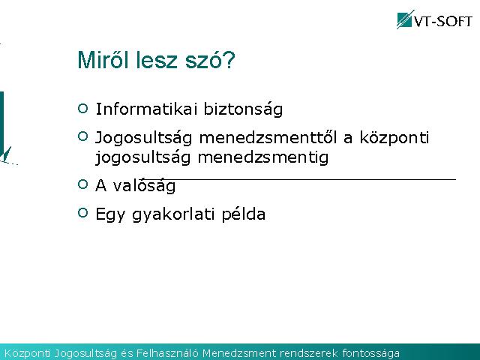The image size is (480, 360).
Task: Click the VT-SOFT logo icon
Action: point(405,19)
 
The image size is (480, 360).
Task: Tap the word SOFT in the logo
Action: point(454,22)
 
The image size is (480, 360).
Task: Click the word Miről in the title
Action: point(103,60)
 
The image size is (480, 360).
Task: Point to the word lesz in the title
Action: point(157,60)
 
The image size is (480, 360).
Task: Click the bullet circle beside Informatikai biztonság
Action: point(82,108)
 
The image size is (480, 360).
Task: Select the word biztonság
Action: point(243,109)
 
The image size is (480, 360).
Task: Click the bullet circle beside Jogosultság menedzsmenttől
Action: point(82,136)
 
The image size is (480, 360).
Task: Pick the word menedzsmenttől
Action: point(268,137)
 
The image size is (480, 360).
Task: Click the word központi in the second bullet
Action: point(394,138)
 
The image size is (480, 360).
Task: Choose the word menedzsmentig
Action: point(263,158)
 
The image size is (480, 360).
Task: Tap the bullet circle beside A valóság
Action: point(82,184)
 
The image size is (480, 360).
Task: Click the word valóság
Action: point(144,186)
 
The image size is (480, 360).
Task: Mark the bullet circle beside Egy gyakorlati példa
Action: point(82,212)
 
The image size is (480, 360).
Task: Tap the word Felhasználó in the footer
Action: point(167,353)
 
